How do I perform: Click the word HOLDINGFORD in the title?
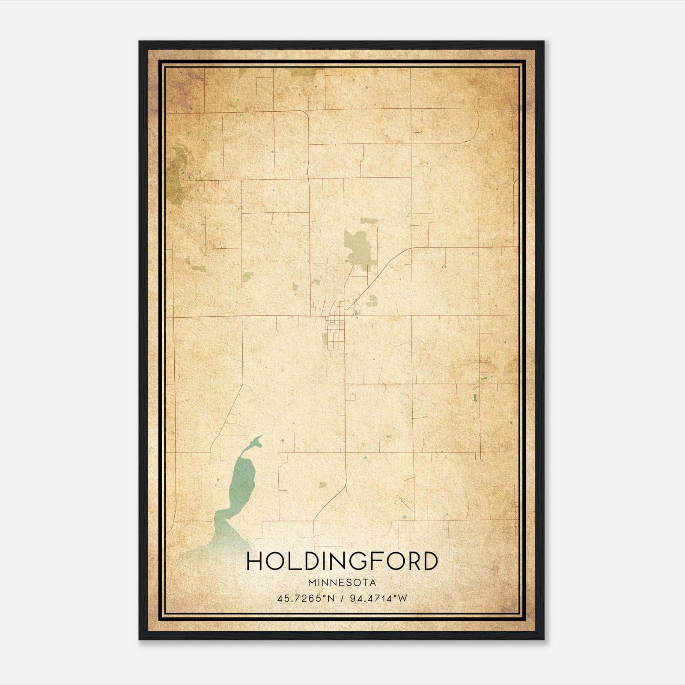(342, 561)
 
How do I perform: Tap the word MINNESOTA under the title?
(342, 583)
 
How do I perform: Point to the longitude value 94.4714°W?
(378, 599)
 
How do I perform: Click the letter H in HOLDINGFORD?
(255, 561)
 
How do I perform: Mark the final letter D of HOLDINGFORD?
(429, 561)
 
